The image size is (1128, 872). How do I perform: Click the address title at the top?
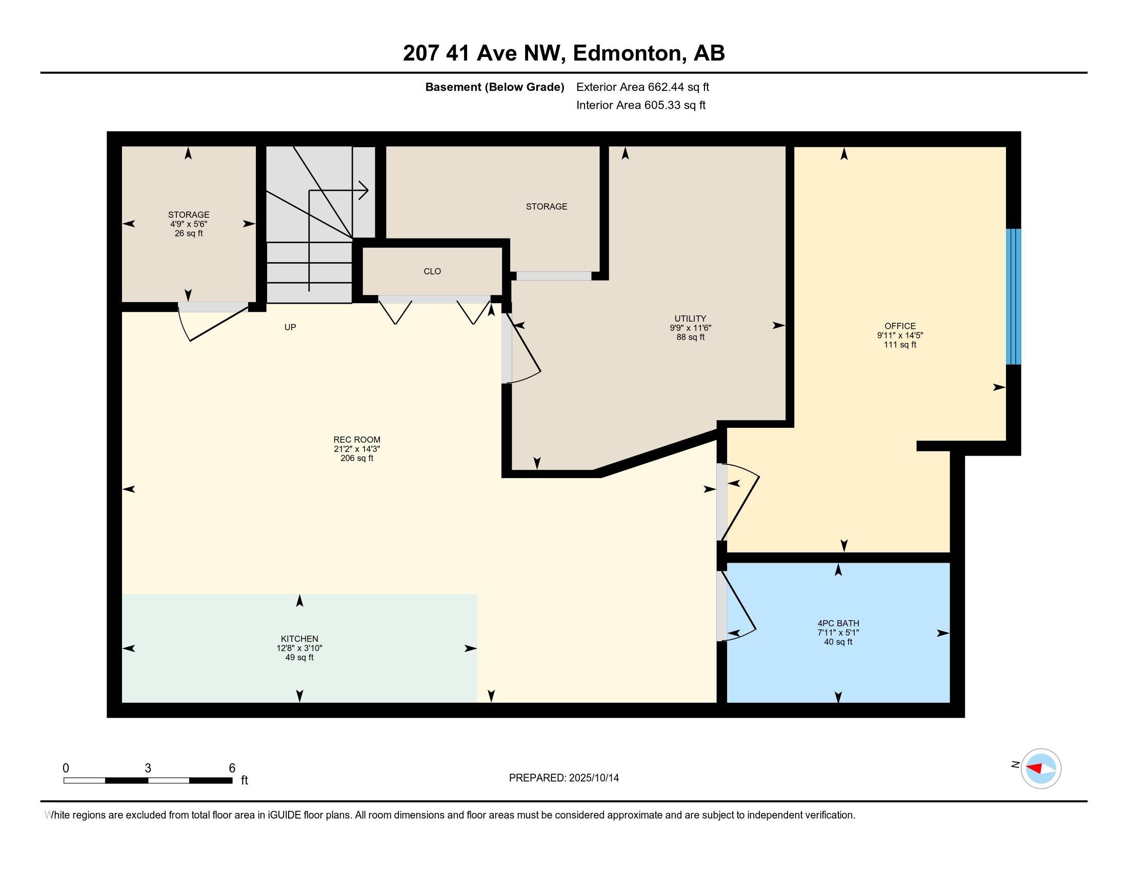tap(563, 53)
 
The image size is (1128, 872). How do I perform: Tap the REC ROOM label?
tap(356, 440)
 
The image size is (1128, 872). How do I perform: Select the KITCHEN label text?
tap(299, 639)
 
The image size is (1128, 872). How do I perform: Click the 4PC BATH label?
tap(838, 624)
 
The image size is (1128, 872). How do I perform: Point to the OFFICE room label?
tap(900, 326)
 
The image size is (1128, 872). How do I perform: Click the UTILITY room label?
tap(690, 319)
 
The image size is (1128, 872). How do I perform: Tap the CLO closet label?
tap(432, 272)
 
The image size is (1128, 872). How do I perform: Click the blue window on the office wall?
tap(1013, 296)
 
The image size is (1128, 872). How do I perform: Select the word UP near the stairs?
tap(290, 328)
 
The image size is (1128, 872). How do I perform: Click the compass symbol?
tap(1040, 768)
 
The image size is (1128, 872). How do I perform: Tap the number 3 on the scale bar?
tap(148, 768)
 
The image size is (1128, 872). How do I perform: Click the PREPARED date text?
tap(563, 778)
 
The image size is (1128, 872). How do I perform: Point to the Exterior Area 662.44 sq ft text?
tap(642, 87)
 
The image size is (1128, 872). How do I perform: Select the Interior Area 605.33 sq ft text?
tap(640, 105)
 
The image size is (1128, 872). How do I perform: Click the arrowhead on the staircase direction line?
tap(365, 191)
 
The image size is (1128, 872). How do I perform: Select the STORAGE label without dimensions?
tap(546, 207)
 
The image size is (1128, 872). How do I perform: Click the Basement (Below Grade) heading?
tap(494, 87)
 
